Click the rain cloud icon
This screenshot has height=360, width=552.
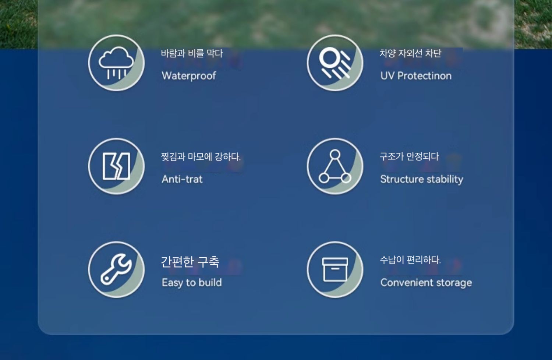(x=116, y=63)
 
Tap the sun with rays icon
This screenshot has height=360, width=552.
(x=335, y=63)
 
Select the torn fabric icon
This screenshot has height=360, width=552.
(x=116, y=166)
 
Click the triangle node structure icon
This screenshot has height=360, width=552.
(x=335, y=166)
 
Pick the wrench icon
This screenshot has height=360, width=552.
(x=116, y=269)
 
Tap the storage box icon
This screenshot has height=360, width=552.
(x=335, y=270)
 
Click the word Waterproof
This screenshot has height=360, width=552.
(x=189, y=76)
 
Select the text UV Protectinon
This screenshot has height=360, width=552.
(x=416, y=76)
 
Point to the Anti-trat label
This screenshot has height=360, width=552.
(x=182, y=179)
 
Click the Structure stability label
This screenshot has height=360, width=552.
(x=422, y=179)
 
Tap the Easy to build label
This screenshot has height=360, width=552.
(x=192, y=283)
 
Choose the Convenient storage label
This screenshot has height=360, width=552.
(x=426, y=283)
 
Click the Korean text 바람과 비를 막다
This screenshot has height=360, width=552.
(x=192, y=53)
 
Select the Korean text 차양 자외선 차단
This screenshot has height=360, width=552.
(x=410, y=53)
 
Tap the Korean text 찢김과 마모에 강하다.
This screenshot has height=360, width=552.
(x=201, y=156)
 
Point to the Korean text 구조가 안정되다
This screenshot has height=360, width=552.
(x=409, y=156)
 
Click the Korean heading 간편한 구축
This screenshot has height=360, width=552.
(x=190, y=262)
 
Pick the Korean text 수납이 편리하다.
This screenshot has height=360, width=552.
(x=410, y=260)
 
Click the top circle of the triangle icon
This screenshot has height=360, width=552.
(x=335, y=155)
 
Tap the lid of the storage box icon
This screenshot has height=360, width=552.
(x=335, y=262)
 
